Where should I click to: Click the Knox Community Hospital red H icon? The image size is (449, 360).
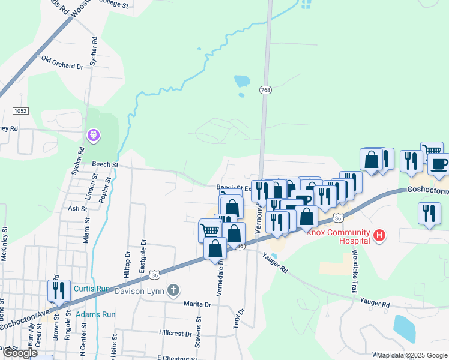point(379,236)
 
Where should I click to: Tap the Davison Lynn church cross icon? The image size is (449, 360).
point(173,291)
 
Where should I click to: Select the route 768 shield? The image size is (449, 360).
point(265,90)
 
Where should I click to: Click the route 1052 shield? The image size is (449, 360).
point(21,111)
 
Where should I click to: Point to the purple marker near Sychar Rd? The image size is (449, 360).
point(94,136)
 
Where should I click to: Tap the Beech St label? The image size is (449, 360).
point(105,164)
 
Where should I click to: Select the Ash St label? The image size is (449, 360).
point(77,209)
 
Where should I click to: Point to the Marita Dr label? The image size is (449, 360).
point(198,304)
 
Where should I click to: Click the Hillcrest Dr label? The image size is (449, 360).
point(175,332)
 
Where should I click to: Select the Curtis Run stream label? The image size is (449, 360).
point(92,289)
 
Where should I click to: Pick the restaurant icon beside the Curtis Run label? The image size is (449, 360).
point(59,290)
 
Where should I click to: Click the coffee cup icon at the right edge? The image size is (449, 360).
point(439,164)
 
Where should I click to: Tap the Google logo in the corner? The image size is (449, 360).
point(19,353)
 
